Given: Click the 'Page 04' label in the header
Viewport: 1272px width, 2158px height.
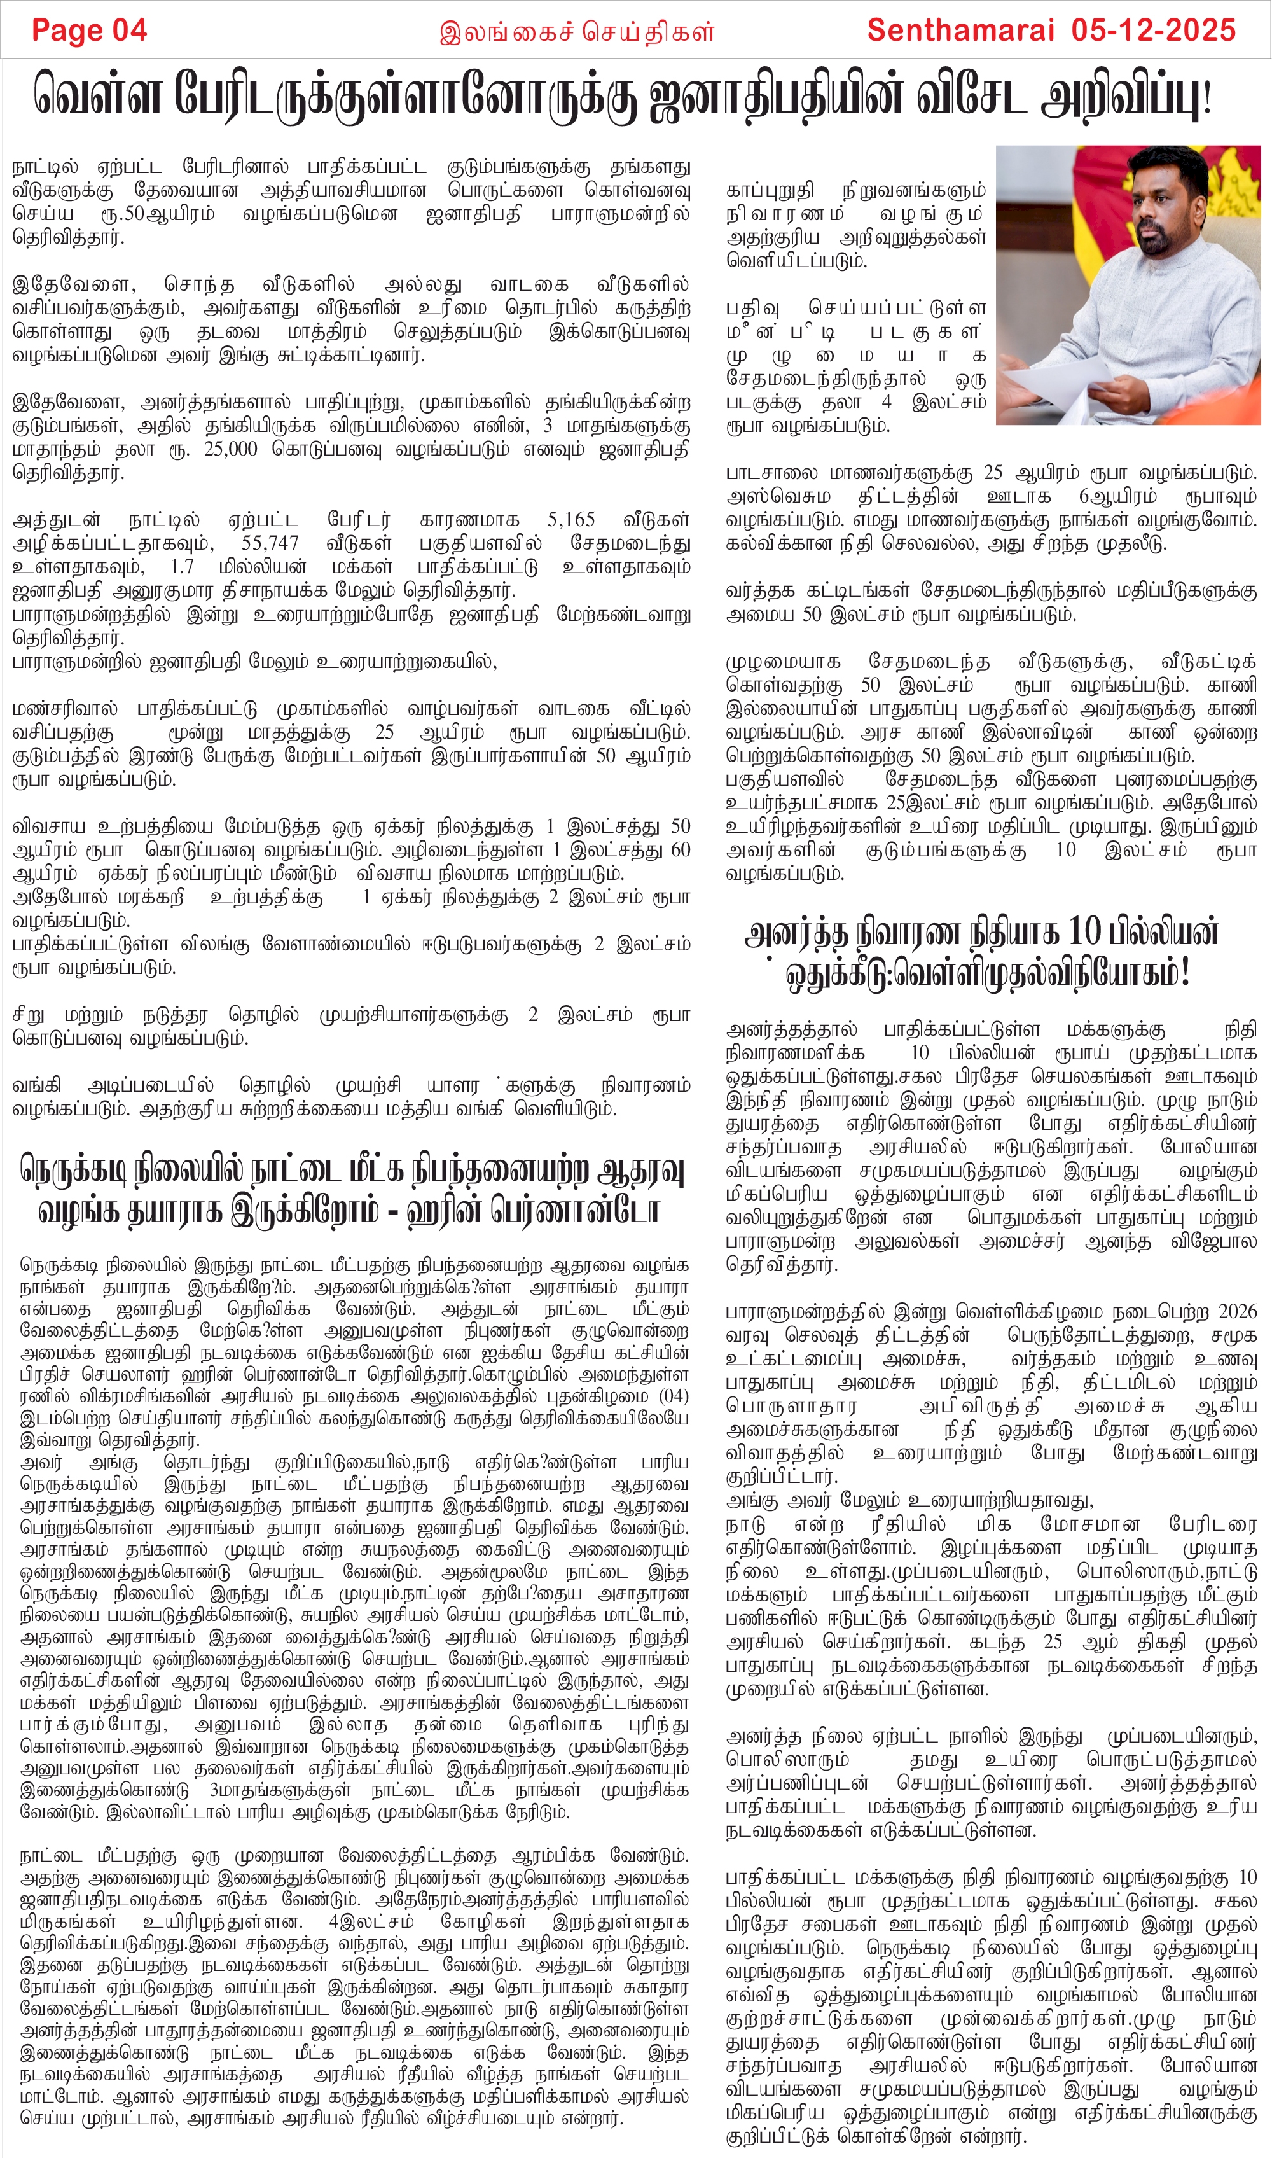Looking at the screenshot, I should point(89,31).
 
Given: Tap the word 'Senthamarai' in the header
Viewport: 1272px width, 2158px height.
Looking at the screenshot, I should point(960,31).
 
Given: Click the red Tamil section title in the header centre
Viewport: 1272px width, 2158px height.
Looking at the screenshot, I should point(576,32).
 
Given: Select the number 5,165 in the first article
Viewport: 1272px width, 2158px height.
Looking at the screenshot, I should point(571,520).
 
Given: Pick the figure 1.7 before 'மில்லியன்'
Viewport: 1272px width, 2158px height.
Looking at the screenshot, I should point(182,567).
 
